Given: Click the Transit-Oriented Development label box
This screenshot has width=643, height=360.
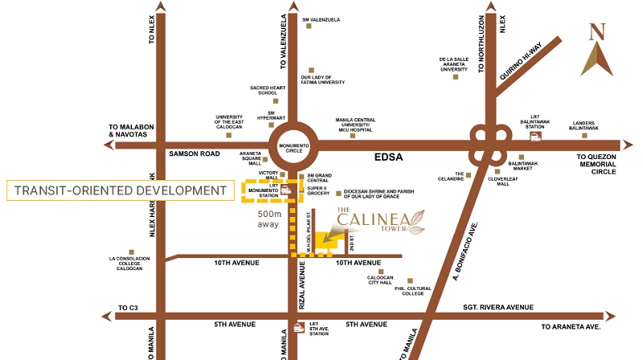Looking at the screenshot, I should [x=118, y=190].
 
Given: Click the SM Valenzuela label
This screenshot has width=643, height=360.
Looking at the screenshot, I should [x=320, y=20].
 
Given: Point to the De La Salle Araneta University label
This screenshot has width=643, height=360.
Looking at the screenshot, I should [x=453, y=64].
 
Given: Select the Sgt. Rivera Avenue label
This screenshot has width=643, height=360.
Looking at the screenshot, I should [x=498, y=307].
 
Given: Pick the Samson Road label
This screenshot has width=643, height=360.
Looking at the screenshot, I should [x=194, y=153].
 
